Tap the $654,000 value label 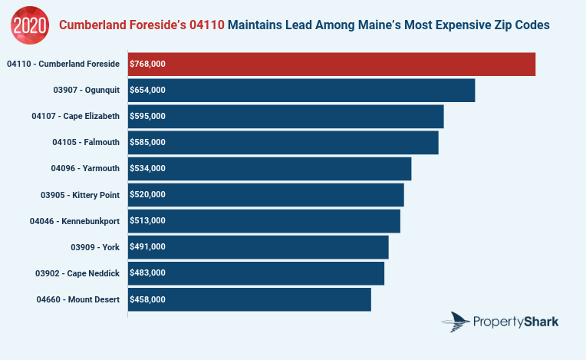tap(148, 91)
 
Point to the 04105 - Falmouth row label tap(86, 143)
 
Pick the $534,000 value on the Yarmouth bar tap(148, 169)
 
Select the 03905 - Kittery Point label tap(81, 195)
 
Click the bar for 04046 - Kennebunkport tap(264, 221)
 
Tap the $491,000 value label tap(148, 247)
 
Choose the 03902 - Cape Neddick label tap(77, 273)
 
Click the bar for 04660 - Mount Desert tap(249, 299)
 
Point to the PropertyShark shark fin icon tap(459, 322)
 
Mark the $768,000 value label tap(148, 64)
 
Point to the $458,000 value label tap(148, 299)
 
